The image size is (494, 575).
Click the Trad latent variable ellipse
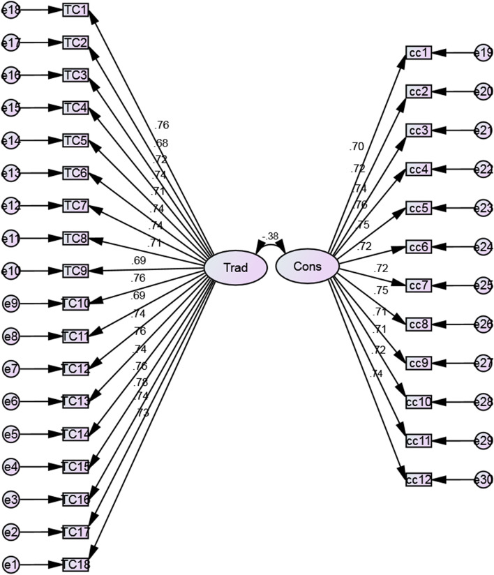tap(235, 267)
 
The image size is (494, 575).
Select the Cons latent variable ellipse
tap(307, 267)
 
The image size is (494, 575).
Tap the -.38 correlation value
tap(270, 236)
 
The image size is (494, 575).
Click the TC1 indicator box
tap(75, 10)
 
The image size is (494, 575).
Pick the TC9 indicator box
tap(75, 271)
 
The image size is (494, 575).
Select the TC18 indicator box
tap(75, 564)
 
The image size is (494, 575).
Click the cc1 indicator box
tap(419, 53)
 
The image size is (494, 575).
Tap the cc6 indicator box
tap(419, 247)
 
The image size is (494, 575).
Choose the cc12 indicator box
tap(419, 479)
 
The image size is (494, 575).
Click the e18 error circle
tap(12, 10)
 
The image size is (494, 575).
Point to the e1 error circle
tap(12, 564)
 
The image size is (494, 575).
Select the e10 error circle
tap(12, 271)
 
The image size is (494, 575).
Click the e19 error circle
tap(483, 53)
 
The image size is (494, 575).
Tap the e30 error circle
tap(483, 479)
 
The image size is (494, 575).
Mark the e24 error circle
tap(483, 247)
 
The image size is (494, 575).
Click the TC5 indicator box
tap(75, 140)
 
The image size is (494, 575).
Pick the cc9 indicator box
tap(419, 364)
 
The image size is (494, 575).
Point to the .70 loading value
tap(357, 147)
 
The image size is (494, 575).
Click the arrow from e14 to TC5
tap(42, 140)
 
